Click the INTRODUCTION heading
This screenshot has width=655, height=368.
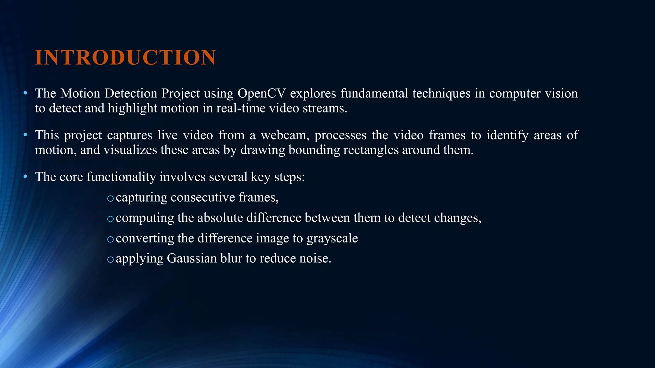(125, 58)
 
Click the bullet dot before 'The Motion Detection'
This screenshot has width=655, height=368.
(25, 93)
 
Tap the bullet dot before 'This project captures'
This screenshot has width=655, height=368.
(25, 135)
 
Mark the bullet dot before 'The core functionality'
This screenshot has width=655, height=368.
(25, 177)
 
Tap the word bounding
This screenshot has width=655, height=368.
(314, 150)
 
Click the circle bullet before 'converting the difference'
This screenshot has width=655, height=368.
(110, 239)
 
